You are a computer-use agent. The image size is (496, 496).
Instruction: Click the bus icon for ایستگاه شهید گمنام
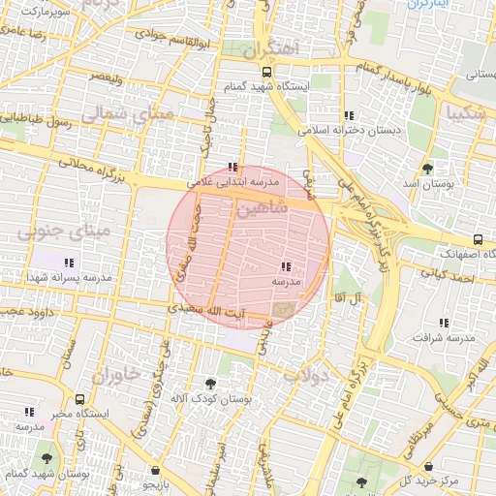click(266, 72)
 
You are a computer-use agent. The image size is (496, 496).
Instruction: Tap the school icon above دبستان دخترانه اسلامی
click(349, 115)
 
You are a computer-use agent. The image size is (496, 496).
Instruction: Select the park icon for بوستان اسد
click(427, 169)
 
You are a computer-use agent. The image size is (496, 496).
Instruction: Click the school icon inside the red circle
click(285, 266)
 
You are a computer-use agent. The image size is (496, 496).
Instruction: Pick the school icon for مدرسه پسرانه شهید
click(69, 263)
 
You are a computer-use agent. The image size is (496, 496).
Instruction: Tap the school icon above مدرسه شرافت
click(445, 323)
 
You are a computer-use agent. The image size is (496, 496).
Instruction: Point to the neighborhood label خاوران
click(116, 373)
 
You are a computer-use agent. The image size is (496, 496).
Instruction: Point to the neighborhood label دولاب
click(312, 375)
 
